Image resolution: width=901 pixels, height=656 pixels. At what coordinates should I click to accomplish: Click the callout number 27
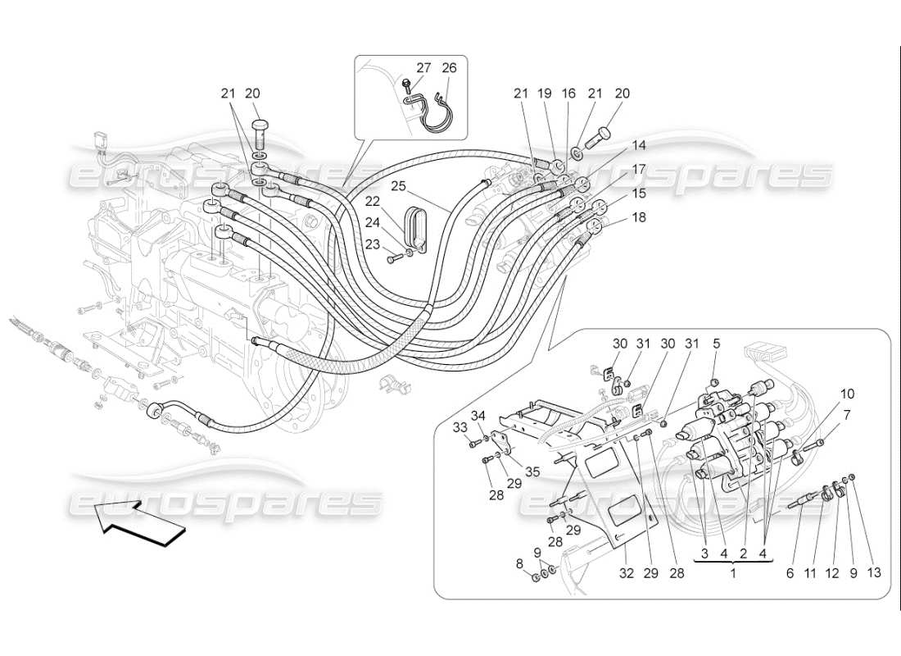(x=423, y=68)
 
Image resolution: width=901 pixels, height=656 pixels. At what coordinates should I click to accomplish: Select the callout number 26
(x=449, y=68)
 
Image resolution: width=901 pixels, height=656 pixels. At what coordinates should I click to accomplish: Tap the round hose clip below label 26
(x=437, y=120)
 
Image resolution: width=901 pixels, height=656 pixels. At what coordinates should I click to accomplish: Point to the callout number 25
(x=398, y=187)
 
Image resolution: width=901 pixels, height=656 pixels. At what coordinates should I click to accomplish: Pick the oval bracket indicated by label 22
(x=415, y=227)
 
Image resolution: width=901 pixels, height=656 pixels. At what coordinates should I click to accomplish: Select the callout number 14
(x=639, y=145)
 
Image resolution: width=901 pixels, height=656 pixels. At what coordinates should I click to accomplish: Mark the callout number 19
(x=544, y=94)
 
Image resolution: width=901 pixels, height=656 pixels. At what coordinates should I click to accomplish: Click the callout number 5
(x=716, y=344)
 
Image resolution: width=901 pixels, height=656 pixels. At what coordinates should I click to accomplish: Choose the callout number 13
(x=875, y=573)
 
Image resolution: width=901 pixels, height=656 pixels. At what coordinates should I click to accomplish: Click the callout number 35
(x=532, y=471)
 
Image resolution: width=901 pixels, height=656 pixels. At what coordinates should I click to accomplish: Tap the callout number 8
(x=520, y=564)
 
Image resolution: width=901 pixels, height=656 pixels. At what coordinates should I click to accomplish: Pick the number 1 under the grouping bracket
(x=733, y=573)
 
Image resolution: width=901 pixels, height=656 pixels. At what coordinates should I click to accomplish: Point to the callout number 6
(x=790, y=573)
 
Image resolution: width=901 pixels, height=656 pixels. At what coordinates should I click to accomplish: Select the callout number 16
(x=568, y=94)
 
